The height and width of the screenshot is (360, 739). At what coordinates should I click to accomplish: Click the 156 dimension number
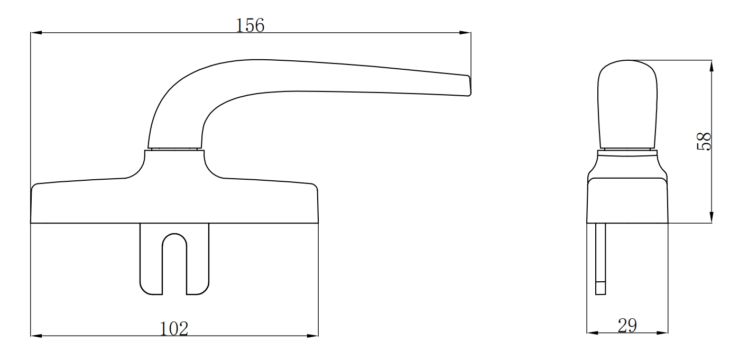click(250, 25)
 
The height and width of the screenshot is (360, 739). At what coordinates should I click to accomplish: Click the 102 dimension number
click(174, 328)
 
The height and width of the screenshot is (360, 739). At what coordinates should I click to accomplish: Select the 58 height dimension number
click(704, 142)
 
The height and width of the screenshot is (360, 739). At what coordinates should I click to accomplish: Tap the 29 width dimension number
click(627, 326)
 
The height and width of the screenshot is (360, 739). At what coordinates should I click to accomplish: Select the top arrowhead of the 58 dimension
click(712, 66)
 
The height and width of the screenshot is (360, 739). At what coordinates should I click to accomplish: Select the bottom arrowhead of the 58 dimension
click(712, 217)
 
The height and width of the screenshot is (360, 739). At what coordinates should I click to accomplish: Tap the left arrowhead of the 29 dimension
click(592, 333)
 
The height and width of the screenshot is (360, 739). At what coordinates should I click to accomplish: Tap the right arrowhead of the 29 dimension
click(663, 333)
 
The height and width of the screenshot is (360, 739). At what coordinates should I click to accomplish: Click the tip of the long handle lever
click(468, 86)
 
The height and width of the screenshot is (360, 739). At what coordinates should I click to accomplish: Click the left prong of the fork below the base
click(151, 259)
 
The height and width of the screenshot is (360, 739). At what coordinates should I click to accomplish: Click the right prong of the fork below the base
click(198, 259)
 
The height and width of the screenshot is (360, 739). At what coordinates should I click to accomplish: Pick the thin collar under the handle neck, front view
click(174, 150)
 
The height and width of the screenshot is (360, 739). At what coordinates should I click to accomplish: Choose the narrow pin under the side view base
click(601, 254)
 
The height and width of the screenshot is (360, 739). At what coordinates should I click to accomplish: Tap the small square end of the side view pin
click(601, 289)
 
